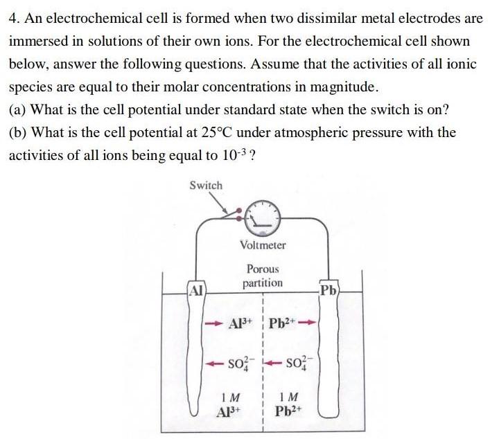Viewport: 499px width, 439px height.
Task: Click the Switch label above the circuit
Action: pyautogui.click(x=206, y=185)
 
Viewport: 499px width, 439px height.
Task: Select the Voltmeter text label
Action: pyautogui.click(x=263, y=244)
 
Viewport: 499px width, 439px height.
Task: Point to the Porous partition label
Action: pyautogui.click(x=263, y=276)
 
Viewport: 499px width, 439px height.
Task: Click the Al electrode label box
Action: pyautogui.click(x=196, y=290)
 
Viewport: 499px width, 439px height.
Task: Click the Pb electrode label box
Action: pyautogui.click(x=328, y=289)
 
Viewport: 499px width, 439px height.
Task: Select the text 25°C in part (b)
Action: pyautogui.click(x=222, y=132)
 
